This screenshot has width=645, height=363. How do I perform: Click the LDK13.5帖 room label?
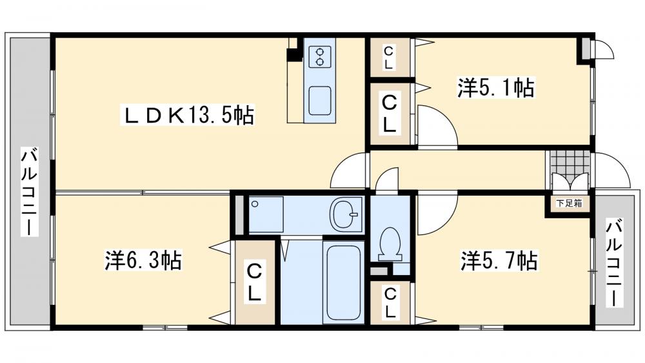click(188, 116)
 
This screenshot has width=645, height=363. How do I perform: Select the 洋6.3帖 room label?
click(143, 260)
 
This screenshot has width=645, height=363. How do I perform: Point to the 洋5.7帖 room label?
click(499, 260)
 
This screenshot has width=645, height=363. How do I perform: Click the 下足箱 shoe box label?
click(569, 203)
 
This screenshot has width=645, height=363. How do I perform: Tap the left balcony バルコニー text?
click(30, 192)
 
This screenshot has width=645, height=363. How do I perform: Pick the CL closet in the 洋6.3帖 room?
click(255, 281)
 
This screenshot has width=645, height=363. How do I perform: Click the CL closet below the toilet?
click(390, 303)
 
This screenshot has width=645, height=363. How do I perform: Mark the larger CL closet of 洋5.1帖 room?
click(389, 113)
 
